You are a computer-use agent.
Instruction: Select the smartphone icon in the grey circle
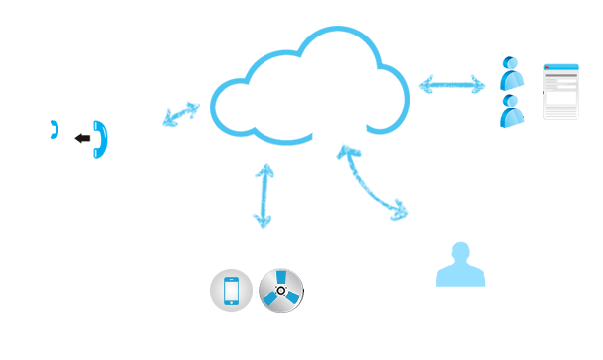231,291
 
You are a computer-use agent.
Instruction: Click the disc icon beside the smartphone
280,291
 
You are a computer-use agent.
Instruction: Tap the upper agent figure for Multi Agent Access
512,75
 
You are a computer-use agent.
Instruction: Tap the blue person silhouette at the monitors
461,262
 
